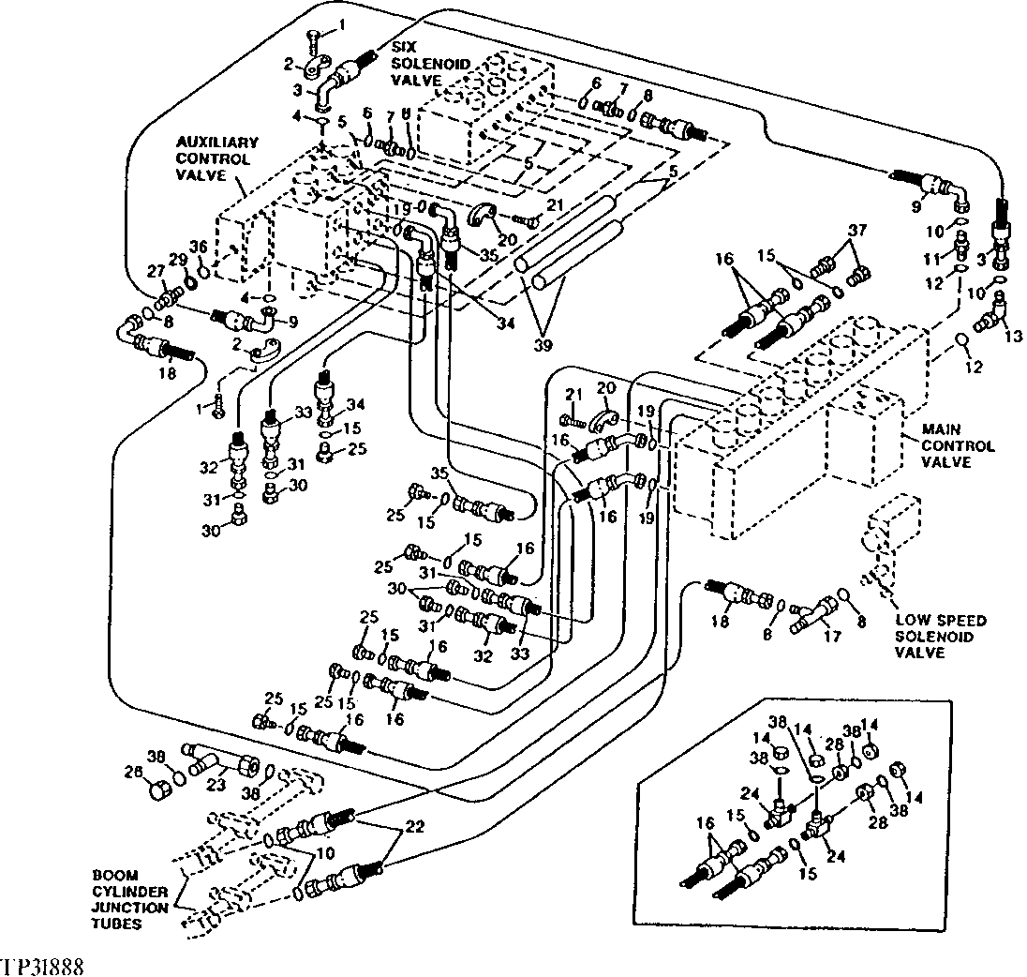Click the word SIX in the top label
tap(405, 48)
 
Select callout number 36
tap(200, 248)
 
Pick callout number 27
tap(155, 271)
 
